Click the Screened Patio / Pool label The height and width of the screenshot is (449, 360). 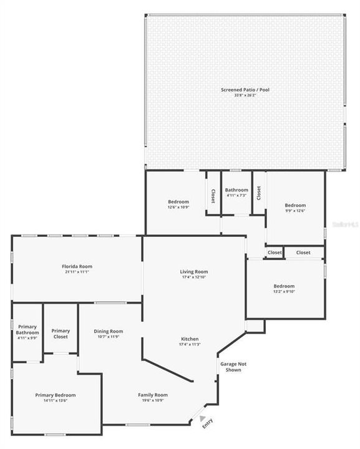(245, 90)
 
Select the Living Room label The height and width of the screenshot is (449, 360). (193, 272)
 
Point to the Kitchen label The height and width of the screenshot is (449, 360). (190, 339)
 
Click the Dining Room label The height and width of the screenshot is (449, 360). (109, 331)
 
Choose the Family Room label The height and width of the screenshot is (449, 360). (153, 395)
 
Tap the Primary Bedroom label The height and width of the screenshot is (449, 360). (55, 395)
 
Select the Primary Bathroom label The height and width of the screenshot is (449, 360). (27, 330)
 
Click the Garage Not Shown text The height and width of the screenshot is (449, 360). (230, 366)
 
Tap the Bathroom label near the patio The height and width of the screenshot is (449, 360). (236, 190)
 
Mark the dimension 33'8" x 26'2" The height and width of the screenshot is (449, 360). (245, 95)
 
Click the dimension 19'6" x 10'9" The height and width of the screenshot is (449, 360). (153, 400)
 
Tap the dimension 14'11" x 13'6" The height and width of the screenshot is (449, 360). (55, 400)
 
